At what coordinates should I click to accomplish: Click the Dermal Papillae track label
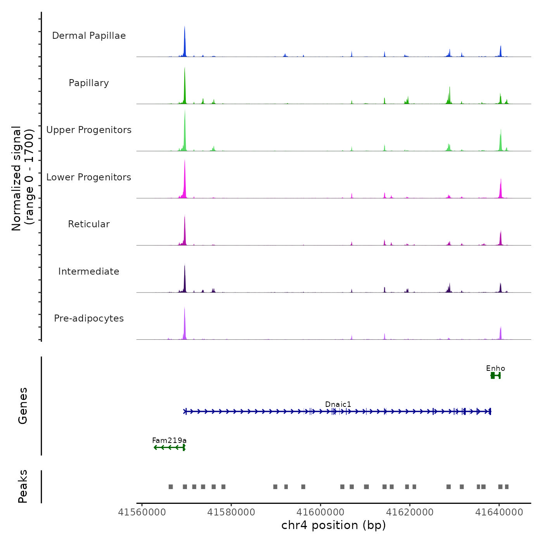click(89, 36)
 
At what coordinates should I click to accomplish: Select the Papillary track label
click(89, 83)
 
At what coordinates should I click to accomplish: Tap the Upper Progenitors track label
click(89, 130)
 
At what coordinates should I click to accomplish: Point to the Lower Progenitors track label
click(89, 177)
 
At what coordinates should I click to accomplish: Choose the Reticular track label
click(89, 224)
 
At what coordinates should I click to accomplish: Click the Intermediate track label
click(89, 271)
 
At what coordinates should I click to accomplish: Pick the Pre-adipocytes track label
click(89, 318)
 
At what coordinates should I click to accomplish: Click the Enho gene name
click(495, 368)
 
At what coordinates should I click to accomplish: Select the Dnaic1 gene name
click(338, 405)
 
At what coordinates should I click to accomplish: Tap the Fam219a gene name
click(169, 441)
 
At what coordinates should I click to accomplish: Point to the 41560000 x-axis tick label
click(142, 512)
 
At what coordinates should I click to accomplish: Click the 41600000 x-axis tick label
click(321, 512)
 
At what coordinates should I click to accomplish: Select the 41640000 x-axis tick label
click(499, 512)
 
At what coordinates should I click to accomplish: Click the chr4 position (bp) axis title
click(334, 526)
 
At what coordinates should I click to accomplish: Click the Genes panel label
click(23, 406)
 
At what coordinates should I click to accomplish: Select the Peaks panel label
click(23, 486)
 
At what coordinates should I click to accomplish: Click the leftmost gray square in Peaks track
click(171, 487)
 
